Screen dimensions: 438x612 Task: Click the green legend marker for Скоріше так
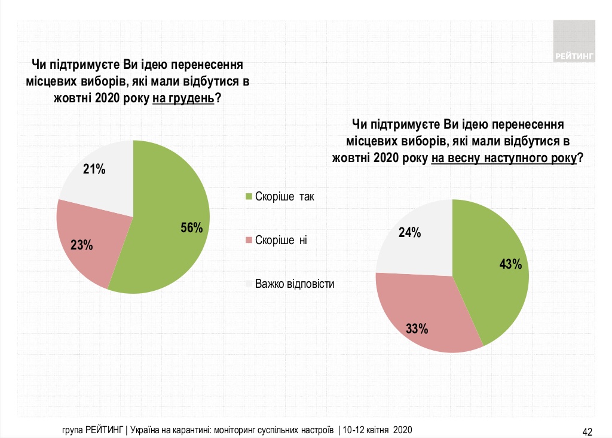[x=249, y=196]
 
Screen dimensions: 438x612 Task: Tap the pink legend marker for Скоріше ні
[x=249, y=241]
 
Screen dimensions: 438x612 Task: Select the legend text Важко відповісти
[x=294, y=284]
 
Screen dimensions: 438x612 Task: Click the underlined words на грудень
[x=183, y=99]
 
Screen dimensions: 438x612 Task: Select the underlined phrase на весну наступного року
[x=504, y=159]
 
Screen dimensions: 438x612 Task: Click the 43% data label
[x=510, y=264]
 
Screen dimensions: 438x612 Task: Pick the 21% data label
[x=94, y=170]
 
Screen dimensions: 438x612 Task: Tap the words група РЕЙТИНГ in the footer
[x=93, y=430]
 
